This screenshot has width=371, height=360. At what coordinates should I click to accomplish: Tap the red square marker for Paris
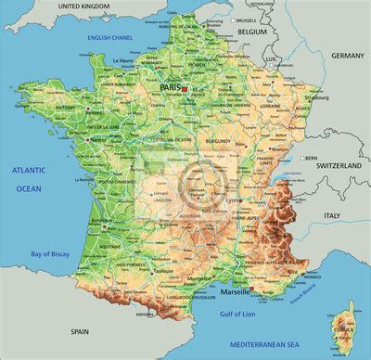[x=185, y=88]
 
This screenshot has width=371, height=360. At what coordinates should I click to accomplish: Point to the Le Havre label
[x=122, y=61]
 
